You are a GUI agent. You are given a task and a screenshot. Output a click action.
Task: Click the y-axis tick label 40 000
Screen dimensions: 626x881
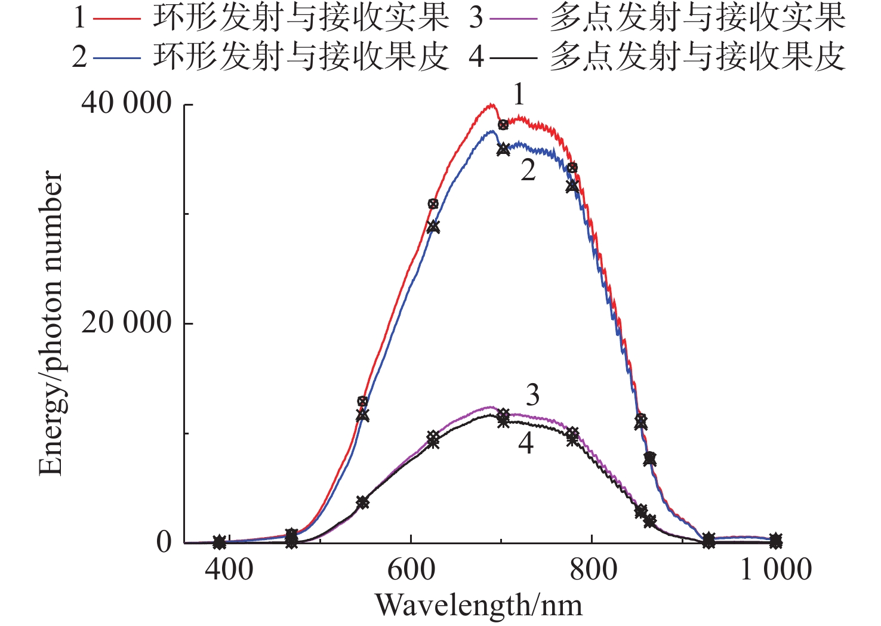[127, 104]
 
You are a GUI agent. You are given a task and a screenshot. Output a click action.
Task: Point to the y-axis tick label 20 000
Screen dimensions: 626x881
[127, 323]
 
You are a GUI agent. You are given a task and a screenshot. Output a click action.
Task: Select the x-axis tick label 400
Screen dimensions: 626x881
[229, 569]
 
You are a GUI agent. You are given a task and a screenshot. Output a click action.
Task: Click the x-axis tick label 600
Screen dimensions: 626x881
[411, 569]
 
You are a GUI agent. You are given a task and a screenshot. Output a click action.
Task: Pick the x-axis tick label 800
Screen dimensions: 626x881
[593, 569]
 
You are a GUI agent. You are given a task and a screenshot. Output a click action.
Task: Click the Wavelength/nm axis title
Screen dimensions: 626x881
[479, 605]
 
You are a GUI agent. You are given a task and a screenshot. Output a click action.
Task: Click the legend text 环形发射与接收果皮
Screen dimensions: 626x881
[300, 57]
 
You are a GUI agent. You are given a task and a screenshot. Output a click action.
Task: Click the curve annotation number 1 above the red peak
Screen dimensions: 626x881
[519, 95]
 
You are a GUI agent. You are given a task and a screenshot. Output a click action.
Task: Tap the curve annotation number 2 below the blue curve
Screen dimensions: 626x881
[528, 171]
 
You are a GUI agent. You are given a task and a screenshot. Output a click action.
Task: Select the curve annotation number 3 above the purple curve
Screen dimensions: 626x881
[532, 395]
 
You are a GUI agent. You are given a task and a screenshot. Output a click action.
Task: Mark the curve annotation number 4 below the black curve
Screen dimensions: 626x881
[525, 443]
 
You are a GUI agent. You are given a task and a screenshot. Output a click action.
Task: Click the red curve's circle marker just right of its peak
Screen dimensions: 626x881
[503, 125]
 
